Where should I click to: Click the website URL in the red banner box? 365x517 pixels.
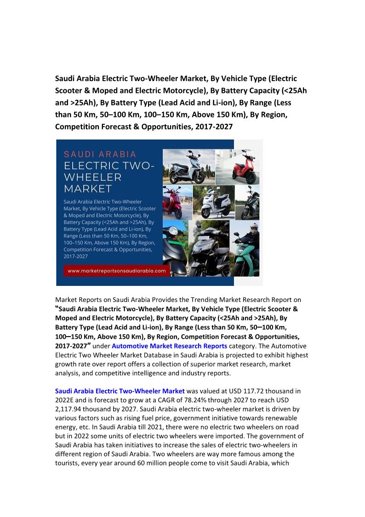point(116,271)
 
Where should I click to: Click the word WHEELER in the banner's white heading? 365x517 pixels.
point(92,177)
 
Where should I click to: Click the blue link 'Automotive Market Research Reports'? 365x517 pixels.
point(169,346)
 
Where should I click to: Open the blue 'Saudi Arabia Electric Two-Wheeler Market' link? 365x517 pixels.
point(120,391)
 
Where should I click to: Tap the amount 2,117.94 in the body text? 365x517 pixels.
point(71,409)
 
